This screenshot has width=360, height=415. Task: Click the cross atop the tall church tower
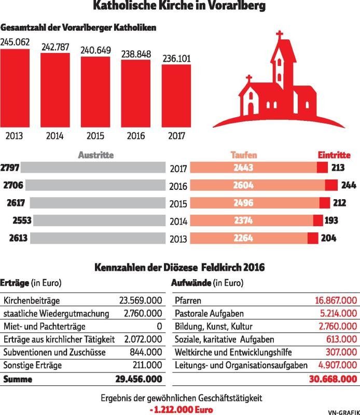pyautogui.click(x=280, y=38)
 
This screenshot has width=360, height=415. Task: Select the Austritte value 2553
pyautogui.click(x=21, y=220)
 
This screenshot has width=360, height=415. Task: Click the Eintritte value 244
pyautogui.click(x=347, y=185)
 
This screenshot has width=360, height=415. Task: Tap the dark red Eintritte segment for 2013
pyautogui.click(x=312, y=238)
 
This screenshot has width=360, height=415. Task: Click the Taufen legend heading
pyautogui.click(x=243, y=155)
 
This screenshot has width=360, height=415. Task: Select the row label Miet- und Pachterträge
pyautogui.click(x=45, y=326)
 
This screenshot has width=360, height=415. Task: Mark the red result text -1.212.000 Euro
pyautogui.click(x=179, y=409)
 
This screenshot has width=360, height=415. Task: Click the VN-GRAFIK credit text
pyautogui.click(x=343, y=411)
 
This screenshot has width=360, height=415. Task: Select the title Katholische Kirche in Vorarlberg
pyautogui.click(x=179, y=7)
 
